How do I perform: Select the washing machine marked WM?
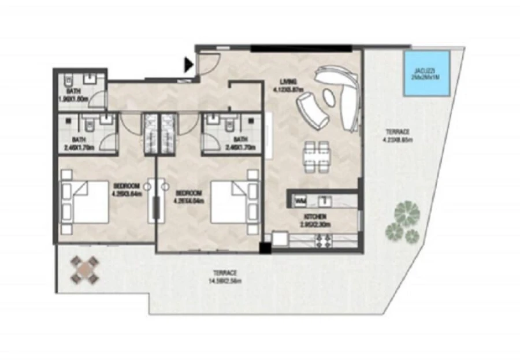click(x=299, y=201)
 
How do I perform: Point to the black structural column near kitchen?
click(x=264, y=248)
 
